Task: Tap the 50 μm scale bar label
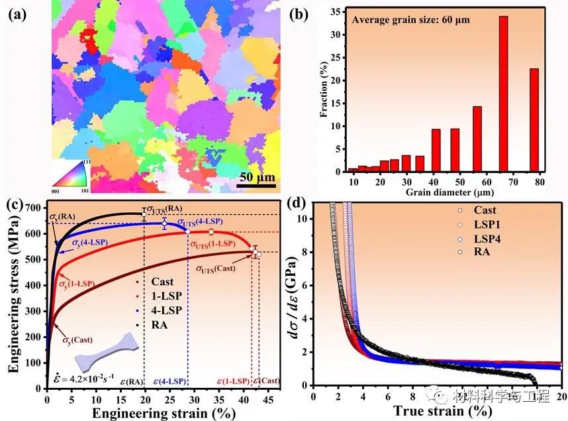[x=258, y=177]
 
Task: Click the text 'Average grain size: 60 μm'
[x=410, y=19]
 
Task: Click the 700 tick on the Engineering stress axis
[x=32, y=209]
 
